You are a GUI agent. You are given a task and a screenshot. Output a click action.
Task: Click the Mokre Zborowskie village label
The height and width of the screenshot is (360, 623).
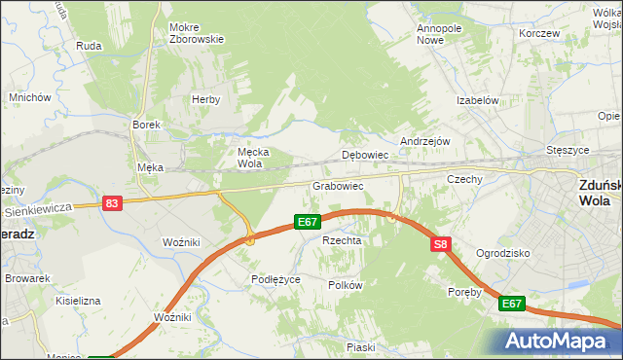(x=197, y=33)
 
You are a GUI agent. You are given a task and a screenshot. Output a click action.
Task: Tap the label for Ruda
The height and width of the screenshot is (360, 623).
(x=89, y=45)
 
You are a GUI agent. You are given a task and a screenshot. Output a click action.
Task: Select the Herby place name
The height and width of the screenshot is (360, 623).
(x=206, y=99)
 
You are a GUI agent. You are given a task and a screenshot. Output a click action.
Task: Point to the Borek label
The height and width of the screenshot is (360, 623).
(x=146, y=125)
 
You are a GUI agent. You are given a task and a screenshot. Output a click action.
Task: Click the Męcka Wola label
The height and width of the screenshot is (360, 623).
(x=253, y=158)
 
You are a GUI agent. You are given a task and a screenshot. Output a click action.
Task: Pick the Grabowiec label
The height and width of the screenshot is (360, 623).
(x=338, y=185)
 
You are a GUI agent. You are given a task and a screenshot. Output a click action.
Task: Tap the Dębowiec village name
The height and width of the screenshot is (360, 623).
(x=366, y=155)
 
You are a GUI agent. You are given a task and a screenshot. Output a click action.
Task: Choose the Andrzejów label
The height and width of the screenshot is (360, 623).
(x=424, y=140)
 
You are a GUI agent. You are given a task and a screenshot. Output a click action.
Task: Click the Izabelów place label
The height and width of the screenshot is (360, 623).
(x=478, y=100)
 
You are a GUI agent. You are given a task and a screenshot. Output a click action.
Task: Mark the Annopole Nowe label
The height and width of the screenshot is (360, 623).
(x=438, y=34)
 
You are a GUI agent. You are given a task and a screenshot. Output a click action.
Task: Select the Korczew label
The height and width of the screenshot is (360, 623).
(x=539, y=33)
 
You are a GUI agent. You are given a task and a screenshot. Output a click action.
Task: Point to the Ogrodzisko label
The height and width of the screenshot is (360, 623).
(x=502, y=253)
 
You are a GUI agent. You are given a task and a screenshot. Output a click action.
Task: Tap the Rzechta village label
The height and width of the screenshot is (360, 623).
(x=342, y=240)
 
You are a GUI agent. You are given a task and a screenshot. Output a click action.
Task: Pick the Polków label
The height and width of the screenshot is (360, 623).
(x=346, y=285)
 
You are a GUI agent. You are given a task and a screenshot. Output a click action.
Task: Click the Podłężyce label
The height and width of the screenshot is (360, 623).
(x=275, y=279)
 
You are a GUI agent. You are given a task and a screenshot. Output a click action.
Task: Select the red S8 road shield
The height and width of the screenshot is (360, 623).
(x=441, y=244)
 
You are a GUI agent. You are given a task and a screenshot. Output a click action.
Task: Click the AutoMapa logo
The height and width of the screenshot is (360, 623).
(x=555, y=341)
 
